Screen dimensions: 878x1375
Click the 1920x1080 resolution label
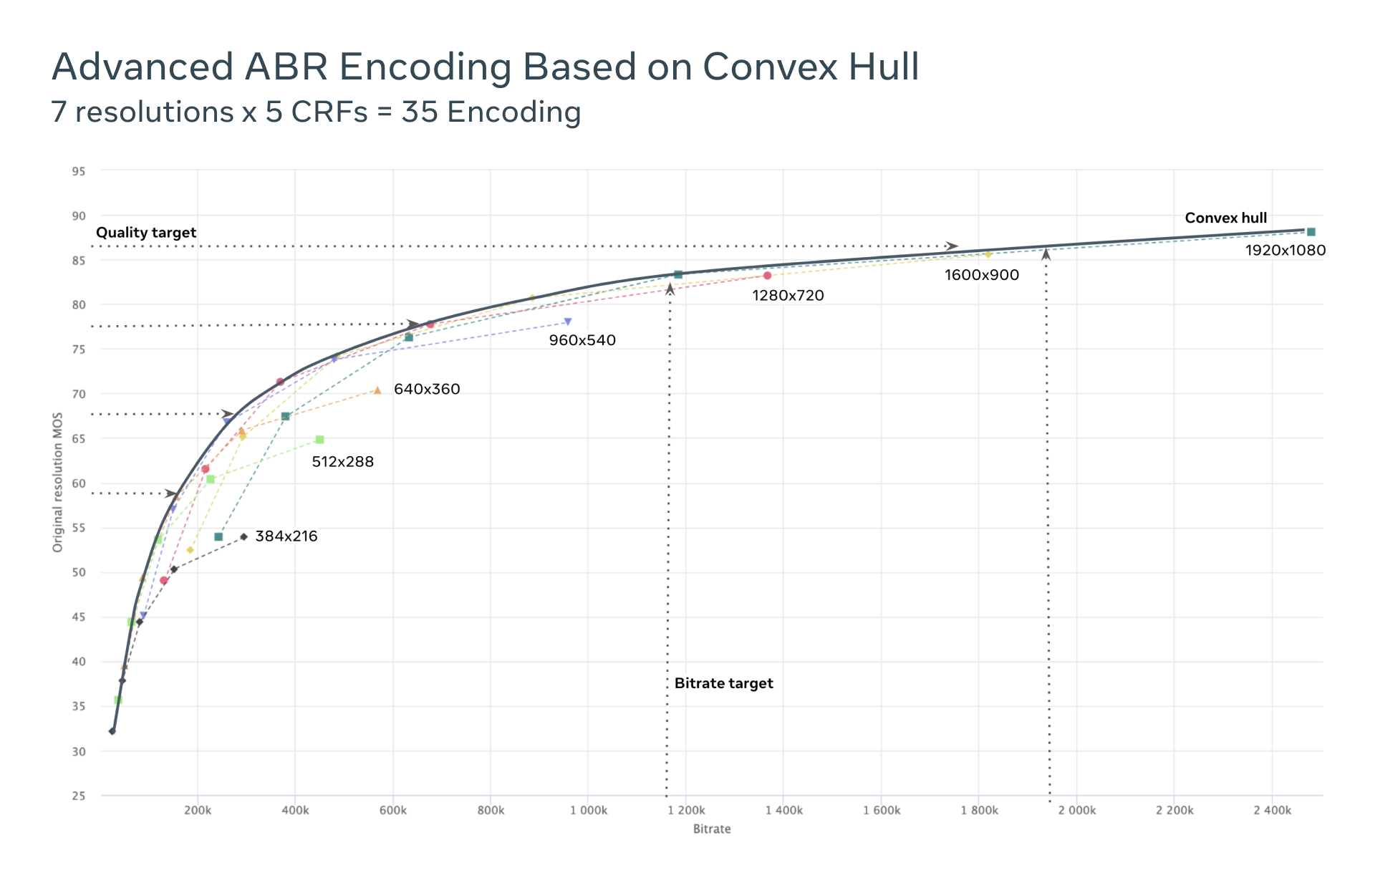coord(1285,251)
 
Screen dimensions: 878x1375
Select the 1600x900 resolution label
coord(981,275)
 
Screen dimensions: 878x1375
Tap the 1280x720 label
coord(788,296)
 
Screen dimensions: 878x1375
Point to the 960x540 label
coord(582,340)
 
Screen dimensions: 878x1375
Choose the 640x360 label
coord(427,390)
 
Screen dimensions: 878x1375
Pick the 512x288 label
coord(342,462)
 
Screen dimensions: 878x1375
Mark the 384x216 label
coord(286,536)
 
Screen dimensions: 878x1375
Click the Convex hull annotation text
coord(1225,218)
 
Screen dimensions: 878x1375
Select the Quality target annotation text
coord(146,233)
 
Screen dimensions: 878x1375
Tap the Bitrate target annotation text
coord(723,683)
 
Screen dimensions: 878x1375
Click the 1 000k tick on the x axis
coord(589,811)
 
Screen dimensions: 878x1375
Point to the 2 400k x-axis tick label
coord(1272,811)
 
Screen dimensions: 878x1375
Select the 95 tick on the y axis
coord(78,171)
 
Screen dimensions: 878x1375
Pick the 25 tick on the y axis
coord(78,796)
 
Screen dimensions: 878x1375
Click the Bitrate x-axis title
coord(712,829)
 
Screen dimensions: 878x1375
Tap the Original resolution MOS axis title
coord(58,482)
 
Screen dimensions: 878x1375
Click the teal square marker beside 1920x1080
coord(1311,232)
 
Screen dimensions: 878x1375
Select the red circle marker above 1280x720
coord(767,276)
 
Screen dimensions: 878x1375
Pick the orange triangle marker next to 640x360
coord(377,390)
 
